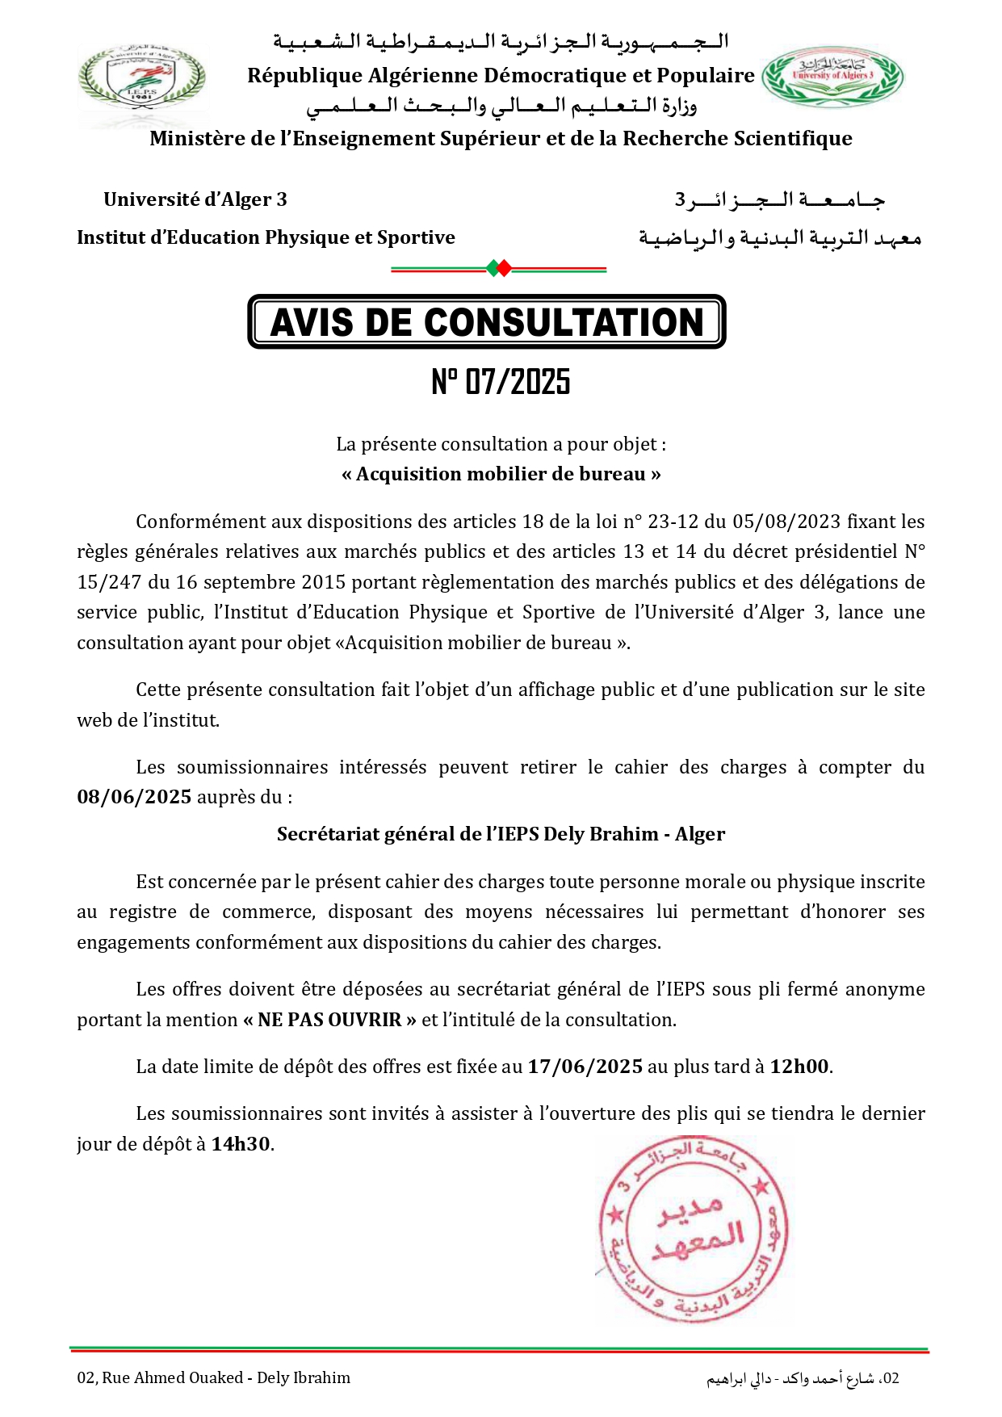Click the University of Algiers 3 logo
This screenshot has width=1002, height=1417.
832,77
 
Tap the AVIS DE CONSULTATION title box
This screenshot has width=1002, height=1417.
487,322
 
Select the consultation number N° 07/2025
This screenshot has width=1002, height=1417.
501,382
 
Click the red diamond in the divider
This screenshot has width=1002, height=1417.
504,268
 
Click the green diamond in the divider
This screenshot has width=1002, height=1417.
493,268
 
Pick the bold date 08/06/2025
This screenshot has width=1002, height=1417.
134,797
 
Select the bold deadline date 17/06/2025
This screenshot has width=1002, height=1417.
585,1067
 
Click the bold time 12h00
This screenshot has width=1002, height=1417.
799,1067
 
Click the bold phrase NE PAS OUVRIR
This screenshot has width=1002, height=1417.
329,1020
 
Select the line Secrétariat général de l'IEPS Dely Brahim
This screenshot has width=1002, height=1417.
501,834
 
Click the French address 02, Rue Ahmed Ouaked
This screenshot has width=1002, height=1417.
214,1377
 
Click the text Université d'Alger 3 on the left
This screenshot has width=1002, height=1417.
195,199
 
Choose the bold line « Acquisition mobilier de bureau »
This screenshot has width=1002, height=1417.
501,474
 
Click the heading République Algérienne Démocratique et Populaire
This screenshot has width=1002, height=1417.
501,76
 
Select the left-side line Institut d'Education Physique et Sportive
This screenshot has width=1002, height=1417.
266,237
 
